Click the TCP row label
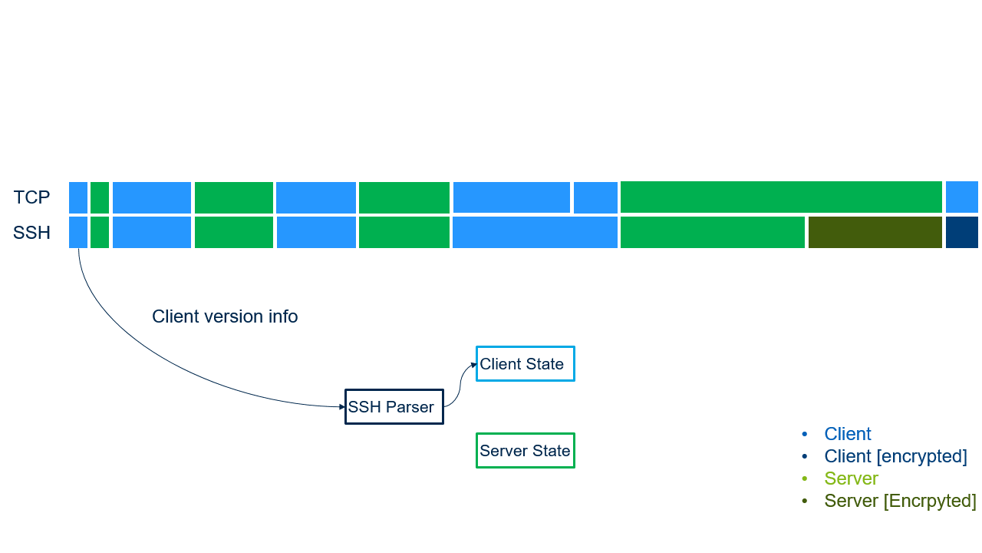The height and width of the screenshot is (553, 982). click(x=31, y=197)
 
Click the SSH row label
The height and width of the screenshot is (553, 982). click(x=31, y=233)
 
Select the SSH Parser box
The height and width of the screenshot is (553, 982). click(x=394, y=407)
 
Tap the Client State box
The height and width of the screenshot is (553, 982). click(x=525, y=364)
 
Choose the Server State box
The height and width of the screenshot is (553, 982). click(x=525, y=451)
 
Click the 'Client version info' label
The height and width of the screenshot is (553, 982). click(x=225, y=316)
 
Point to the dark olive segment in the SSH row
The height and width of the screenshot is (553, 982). click(x=875, y=233)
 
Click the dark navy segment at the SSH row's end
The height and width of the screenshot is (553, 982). click(x=962, y=233)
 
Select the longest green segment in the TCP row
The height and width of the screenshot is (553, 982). click(x=781, y=197)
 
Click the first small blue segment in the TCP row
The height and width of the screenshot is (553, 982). click(x=78, y=197)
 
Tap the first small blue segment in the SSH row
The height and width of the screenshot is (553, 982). click(x=78, y=233)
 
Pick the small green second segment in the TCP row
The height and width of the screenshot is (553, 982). click(x=100, y=197)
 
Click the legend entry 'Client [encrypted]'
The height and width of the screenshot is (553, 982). click(x=895, y=456)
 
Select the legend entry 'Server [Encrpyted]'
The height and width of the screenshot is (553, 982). click(x=900, y=501)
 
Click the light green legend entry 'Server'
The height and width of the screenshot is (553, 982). click(x=851, y=478)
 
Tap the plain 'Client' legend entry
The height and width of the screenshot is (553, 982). click(x=848, y=434)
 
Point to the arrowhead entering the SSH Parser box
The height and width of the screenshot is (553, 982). click(x=342, y=406)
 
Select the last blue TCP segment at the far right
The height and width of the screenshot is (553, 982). click(x=962, y=197)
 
